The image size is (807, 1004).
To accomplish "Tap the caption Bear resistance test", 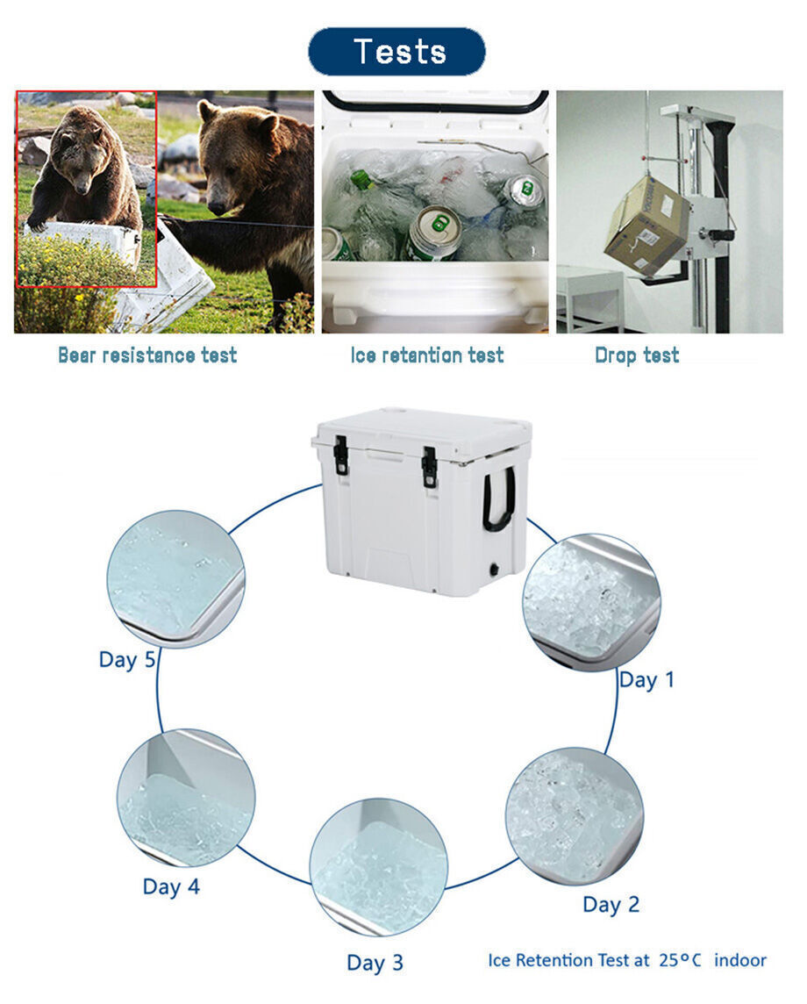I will click(147, 355).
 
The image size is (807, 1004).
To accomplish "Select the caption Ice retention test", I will click(427, 355).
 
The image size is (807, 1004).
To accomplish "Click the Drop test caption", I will click(637, 355).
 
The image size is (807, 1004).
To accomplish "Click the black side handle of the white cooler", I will click(497, 499).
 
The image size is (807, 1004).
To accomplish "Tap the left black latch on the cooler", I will click(341, 455).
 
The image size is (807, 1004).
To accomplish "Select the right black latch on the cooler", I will click(429, 466).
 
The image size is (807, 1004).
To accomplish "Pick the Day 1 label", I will click(646, 680).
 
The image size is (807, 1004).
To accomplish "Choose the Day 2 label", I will click(611, 905).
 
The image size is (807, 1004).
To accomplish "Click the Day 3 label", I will click(375, 963).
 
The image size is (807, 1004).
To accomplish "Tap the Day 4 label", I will click(171, 887).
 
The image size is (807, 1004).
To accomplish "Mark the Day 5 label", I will click(126, 660).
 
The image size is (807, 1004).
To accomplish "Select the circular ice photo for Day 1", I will click(591, 602).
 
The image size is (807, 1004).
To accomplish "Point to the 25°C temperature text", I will click(680, 960).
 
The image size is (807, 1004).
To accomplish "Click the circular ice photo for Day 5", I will click(175, 578).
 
